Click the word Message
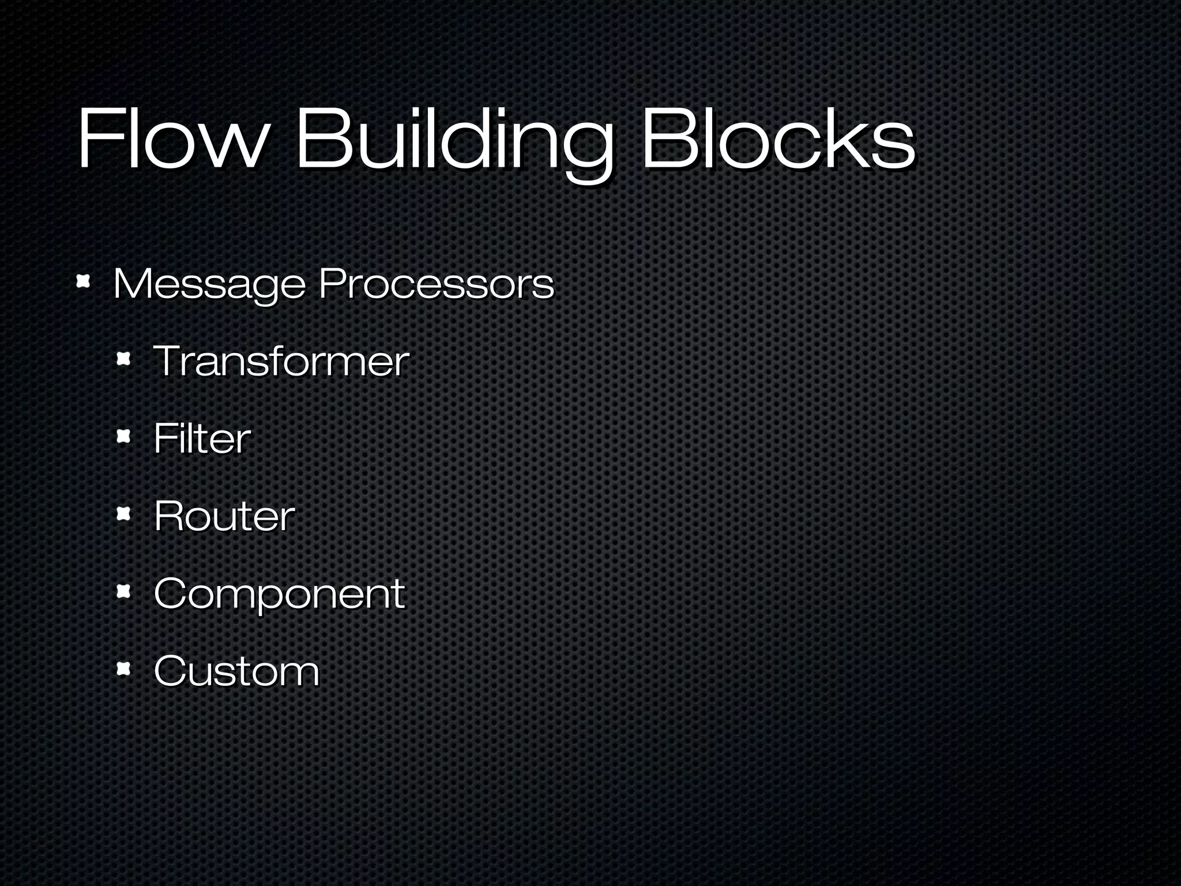(x=209, y=284)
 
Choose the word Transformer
(x=281, y=361)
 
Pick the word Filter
(x=202, y=438)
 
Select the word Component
(x=279, y=594)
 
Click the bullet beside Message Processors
(x=84, y=282)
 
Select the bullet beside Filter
(x=123, y=437)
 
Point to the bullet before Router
(x=123, y=514)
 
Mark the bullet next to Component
(x=123, y=591)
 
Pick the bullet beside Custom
(x=123, y=669)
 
